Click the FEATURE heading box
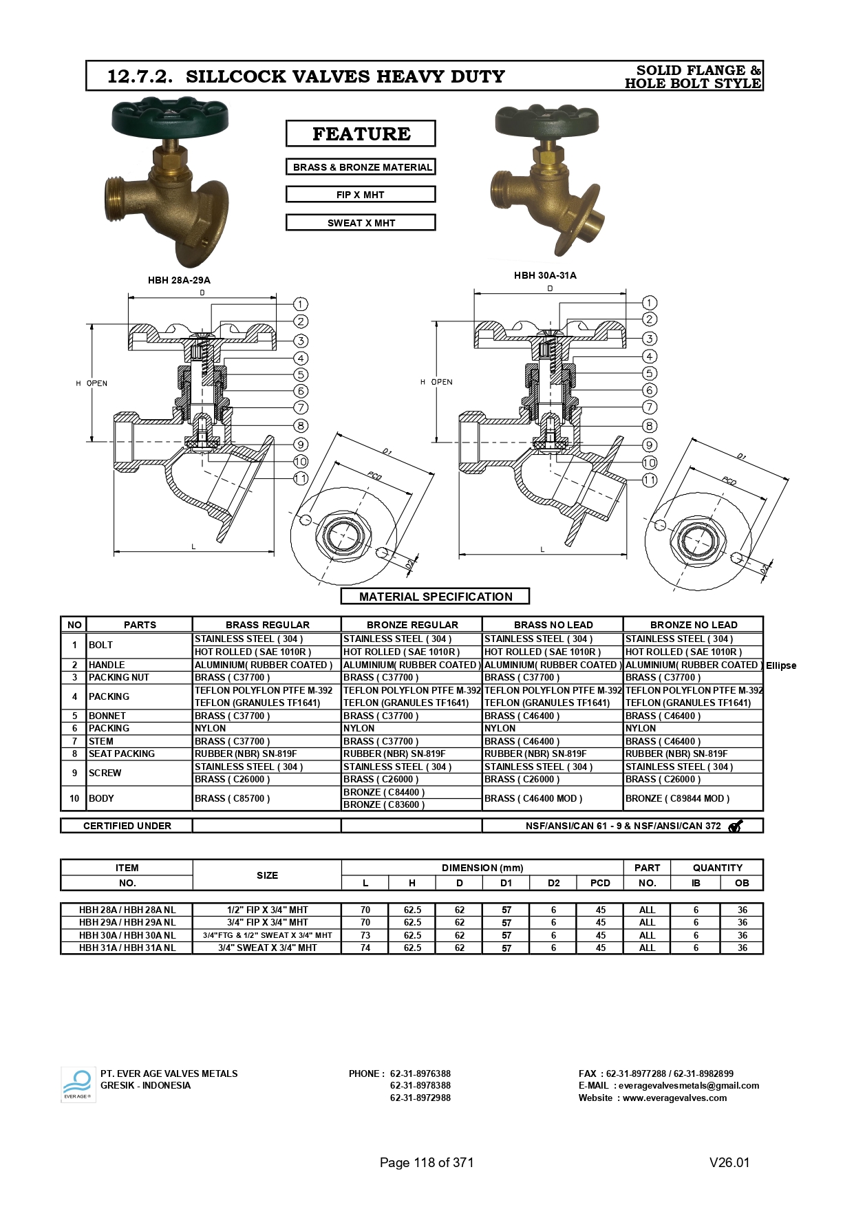coord(361,133)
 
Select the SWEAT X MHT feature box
coord(361,223)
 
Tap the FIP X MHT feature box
coord(361,195)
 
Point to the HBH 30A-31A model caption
coord(545,275)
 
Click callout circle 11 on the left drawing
coord(301,478)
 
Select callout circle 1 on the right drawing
coord(650,303)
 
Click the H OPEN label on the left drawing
coord(92,383)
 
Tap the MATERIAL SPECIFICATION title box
coord(435,597)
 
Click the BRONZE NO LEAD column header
coord(693,625)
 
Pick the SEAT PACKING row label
coord(122,754)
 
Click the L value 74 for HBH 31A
coord(365,948)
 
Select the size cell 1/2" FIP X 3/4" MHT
coord(267,910)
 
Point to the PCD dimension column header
coord(600,883)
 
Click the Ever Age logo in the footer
coord(78,1085)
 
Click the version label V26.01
coord(729,1162)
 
